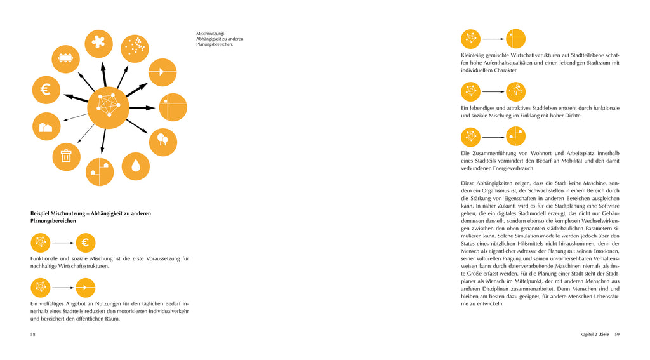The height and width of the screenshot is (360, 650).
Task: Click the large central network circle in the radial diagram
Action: point(109,107)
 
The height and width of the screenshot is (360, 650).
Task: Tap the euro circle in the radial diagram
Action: point(46,90)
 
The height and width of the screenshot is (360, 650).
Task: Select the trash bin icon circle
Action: point(66,154)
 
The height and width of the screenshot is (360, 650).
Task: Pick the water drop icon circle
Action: point(135,166)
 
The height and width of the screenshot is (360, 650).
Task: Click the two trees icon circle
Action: point(163,142)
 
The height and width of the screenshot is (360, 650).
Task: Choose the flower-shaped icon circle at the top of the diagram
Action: point(98,43)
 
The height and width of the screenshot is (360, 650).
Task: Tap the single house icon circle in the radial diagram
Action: point(46,126)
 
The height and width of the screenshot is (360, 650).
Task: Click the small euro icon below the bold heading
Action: point(85,243)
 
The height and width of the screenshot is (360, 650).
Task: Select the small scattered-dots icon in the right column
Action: point(515,91)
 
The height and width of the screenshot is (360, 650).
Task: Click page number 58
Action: point(33,334)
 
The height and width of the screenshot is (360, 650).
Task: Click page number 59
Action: point(616,334)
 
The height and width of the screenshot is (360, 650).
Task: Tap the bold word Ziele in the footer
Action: point(604,334)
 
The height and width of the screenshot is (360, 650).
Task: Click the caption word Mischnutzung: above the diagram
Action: point(210,34)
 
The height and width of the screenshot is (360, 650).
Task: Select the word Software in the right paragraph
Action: point(606,206)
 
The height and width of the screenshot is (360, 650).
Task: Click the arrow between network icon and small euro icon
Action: point(62,243)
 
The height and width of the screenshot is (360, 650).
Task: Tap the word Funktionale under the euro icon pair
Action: point(46,258)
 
